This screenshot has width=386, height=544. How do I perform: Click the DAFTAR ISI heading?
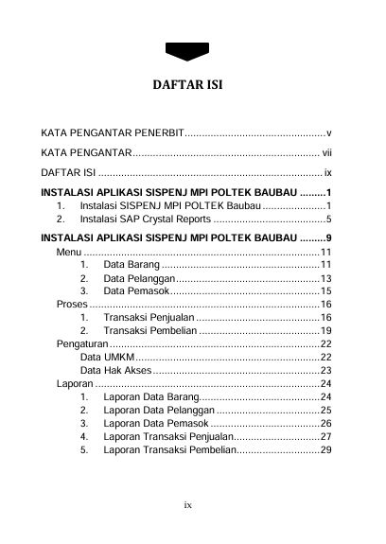click(192, 88)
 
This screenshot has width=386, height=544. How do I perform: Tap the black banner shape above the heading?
click(192, 50)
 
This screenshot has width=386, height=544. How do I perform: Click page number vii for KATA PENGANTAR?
click(326, 152)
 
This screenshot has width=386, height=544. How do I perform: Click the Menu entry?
click(68, 252)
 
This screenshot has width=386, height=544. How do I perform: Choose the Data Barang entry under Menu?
click(130, 265)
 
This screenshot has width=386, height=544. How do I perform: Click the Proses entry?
click(72, 305)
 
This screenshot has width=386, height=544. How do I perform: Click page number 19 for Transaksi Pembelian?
click(325, 331)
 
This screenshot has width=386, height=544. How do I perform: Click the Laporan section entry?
click(75, 384)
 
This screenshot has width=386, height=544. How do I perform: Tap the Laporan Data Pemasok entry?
click(155, 423)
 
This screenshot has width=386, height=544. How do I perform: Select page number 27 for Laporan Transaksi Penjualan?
click(325, 436)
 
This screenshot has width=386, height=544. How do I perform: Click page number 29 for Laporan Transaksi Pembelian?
click(325, 449)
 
